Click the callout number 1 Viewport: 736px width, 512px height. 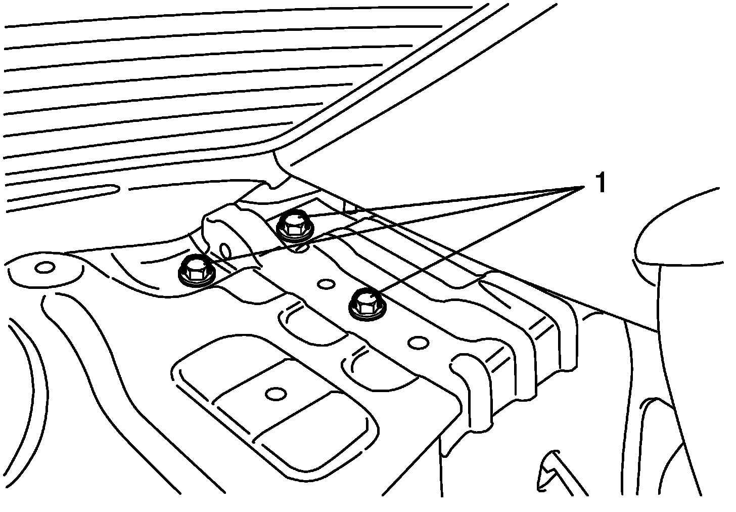[x=600, y=183]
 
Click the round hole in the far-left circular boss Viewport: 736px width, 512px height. [x=44, y=267]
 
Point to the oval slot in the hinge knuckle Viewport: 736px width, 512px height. [x=226, y=249]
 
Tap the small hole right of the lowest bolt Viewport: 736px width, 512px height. [x=418, y=343]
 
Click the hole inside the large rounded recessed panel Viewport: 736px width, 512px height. [x=276, y=394]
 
